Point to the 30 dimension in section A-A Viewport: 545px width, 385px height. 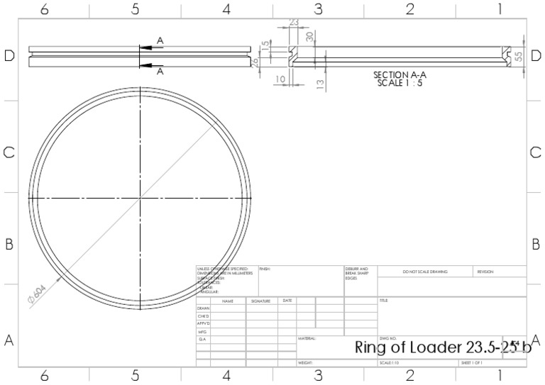pos(309,36)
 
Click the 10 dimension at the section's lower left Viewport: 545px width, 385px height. pos(280,79)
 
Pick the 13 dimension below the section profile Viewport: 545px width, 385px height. pos(320,84)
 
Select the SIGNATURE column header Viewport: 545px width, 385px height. pos(260,301)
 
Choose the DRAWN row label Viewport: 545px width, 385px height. pos(204,308)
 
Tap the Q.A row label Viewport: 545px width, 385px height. pos(202,340)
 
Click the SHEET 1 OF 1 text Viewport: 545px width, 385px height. pos(472,363)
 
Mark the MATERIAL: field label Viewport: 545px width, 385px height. pos(307,339)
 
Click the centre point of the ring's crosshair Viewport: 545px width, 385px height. pos(141,198)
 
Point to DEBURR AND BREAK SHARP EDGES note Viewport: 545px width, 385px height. pos(357,274)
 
